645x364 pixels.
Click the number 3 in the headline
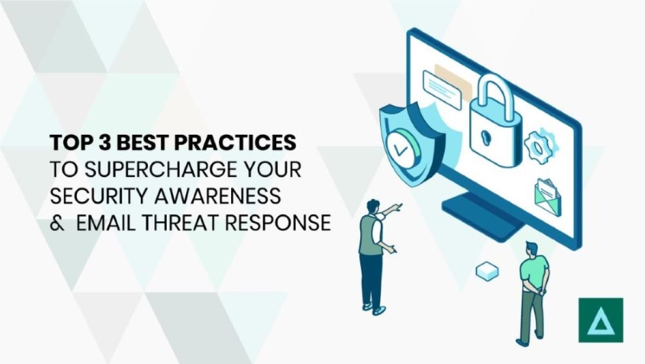[112, 143]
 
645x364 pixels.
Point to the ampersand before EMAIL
[57, 222]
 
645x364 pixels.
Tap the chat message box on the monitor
[442, 89]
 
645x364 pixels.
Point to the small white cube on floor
[487, 272]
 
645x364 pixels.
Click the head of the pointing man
[372, 206]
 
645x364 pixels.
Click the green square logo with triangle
[600, 320]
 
